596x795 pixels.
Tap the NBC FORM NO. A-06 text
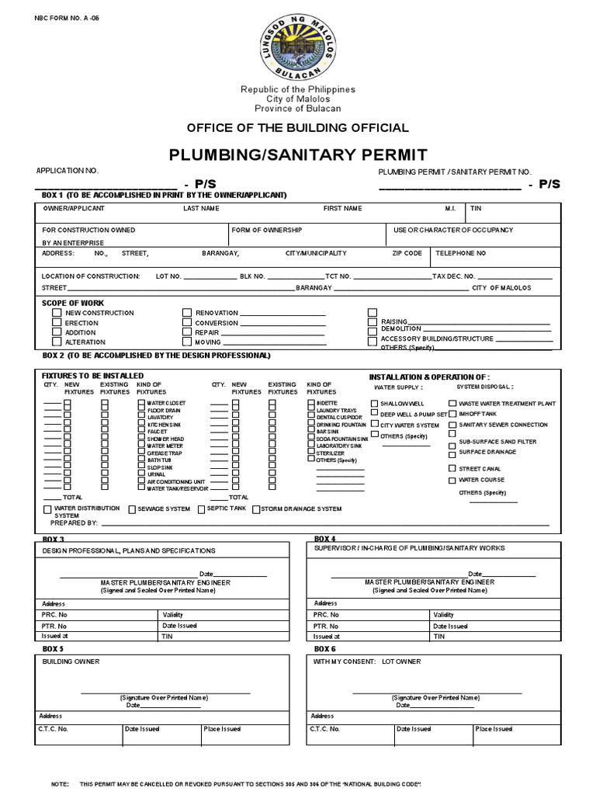[68, 16]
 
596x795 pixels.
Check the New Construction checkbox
[57, 313]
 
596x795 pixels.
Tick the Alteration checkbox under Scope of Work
[57, 342]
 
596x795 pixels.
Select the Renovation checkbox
[186, 313]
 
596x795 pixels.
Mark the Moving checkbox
[186, 342]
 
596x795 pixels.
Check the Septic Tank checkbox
[201, 509]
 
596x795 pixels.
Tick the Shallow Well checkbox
[375, 404]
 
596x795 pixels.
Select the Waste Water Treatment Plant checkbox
[452, 404]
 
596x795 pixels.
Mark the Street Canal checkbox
[452, 468]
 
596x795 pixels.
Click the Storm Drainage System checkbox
[255, 509]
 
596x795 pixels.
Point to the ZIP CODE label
[407, 254]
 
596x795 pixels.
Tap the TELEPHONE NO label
[460, 254]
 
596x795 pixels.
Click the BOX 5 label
[53, 649]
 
